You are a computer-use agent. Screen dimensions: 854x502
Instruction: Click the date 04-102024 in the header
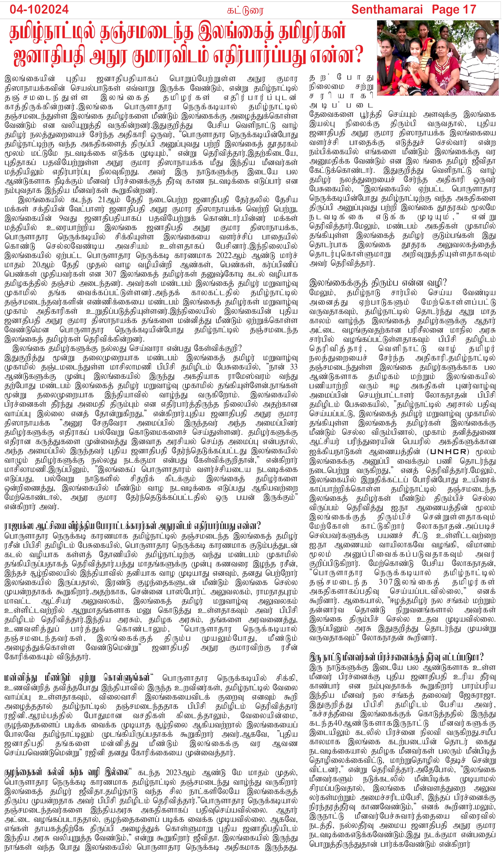coord(39,10)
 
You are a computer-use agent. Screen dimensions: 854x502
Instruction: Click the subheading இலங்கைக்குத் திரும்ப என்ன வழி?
coord(378,283)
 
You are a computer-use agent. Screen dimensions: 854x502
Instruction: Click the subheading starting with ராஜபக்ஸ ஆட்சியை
coord(132,526)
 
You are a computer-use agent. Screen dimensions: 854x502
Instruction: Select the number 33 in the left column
coord(293,367)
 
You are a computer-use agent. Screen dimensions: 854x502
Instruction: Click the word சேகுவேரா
coord(111,423)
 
